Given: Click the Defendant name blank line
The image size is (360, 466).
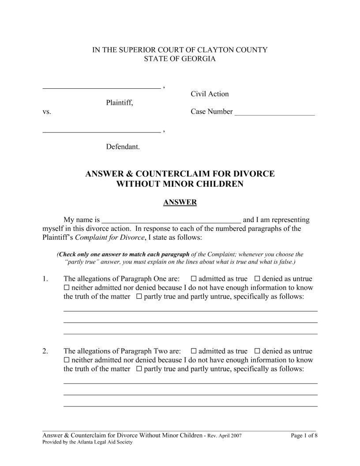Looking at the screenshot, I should (x=101, y=131).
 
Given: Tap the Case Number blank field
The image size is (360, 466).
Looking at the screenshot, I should (x=274, y=114).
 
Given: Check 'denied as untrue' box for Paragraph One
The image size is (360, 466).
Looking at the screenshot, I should (x=257, y=279).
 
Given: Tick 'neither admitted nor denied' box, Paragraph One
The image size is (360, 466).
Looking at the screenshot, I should (x=67, y=288).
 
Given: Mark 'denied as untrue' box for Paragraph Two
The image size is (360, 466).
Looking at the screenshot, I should (x=257, y=351).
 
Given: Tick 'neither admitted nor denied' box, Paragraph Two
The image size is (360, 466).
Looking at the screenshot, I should (x=67, y=360).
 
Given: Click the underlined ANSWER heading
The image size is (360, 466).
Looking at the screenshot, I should (x=180, y=203).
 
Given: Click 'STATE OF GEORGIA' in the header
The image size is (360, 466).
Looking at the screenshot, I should (x=180, y=59).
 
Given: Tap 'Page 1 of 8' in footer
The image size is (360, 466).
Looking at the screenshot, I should (x=304, y=436).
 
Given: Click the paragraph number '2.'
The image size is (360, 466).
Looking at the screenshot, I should (x=45, y=351).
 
